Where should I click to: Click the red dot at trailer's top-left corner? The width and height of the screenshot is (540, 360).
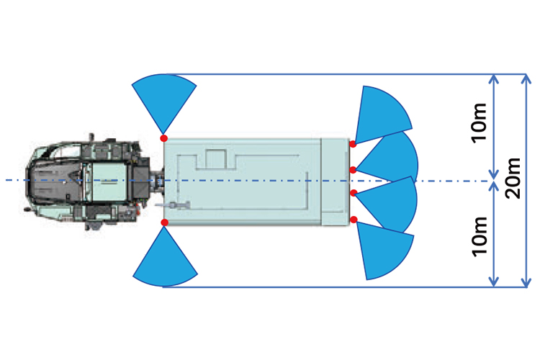coord(164,138)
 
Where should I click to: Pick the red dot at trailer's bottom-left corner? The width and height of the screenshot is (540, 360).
coord(164,222)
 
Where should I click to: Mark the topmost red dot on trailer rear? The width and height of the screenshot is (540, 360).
coord(353,144)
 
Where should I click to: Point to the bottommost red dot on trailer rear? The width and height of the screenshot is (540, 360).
coord(354,218)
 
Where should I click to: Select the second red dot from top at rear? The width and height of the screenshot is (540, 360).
coord(354,170)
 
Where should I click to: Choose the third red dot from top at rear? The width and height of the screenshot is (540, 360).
coord(354,192)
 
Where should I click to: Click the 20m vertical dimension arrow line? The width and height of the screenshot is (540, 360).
coord(523,180)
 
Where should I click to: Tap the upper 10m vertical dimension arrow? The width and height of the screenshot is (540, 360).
coord(494,126)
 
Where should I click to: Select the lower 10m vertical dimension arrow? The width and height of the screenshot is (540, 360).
coord(494,234)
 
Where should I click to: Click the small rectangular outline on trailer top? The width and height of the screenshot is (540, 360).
coord(215,158)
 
